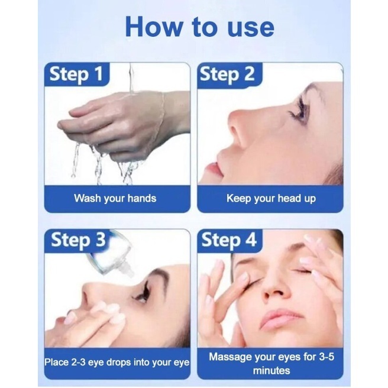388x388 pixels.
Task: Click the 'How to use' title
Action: click(200, 27)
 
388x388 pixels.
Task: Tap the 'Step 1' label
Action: click(76, 74)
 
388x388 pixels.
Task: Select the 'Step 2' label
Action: click(227, 74)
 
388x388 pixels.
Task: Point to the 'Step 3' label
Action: click(78, 240)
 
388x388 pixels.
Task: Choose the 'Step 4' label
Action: click(229, 240)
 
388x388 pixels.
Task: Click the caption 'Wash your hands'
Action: click(115, 199)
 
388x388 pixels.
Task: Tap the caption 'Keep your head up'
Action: click(271, 199)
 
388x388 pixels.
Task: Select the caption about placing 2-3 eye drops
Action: click(117, 363)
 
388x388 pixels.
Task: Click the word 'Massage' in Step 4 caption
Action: click(231, 357)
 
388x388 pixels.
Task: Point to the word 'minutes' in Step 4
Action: click(271, 371)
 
